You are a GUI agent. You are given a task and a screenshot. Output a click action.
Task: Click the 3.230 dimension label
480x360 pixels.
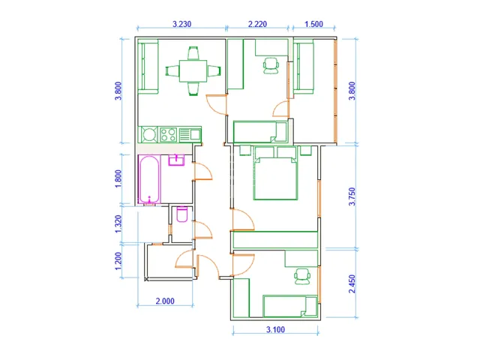pyautogui.click(x=181, y=24)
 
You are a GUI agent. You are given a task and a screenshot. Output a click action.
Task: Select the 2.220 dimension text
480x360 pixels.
pyautogui.click(x=257, y=24)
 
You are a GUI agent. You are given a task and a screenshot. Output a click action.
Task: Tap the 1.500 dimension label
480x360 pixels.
pyautogui.click(x=313, y=24)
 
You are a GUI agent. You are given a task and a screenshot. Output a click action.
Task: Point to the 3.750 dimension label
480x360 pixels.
pyautogui.click(x=352, y=196)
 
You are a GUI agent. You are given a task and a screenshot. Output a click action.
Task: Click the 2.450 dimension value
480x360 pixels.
pyautogui.click(x=352, y=283)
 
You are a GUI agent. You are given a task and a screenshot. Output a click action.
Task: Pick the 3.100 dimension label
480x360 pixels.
pyautogui.click(x=275, y=330)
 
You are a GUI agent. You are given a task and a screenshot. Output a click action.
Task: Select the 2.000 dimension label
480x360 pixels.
pyautogui.click(x=165, y=301)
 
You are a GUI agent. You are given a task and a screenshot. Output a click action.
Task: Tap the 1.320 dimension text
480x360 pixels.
pyautogui.click(x=118, y=224)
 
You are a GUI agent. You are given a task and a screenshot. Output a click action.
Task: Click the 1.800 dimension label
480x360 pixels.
pyautogui.click(x=118, y=178)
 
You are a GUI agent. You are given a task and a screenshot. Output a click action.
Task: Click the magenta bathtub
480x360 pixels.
pyautogui.click(x=149, y=179)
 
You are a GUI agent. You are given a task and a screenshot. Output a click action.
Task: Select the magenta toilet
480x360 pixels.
pyautogui.click(x=182, y=214)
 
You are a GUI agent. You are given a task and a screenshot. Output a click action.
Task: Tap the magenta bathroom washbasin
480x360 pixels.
pyautogui.click(x=176, y=160)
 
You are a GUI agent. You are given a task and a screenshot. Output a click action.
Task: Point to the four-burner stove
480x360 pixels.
pyautogui.click(x=168, y=135)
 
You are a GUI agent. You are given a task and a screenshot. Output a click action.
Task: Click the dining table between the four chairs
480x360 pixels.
pyautogui.click(x=193, y=71)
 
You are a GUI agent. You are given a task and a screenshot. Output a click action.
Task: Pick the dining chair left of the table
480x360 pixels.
pyautogui.click(x=172, y=71)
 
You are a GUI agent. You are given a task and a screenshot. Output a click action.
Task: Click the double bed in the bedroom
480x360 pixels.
pyautogui.click(x=275, y=173)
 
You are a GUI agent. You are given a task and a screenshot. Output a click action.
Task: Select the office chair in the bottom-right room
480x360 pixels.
pyautogui.click(x=302, y=277)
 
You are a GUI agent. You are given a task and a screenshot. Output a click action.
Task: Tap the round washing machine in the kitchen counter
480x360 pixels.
pyautogui.click(x=148, y=135)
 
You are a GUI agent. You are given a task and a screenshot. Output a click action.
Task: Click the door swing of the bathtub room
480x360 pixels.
pyautogui.click(x=202, y=172)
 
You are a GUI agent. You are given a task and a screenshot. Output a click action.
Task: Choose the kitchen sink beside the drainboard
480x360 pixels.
pyautogui.click(x=195, y=134)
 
